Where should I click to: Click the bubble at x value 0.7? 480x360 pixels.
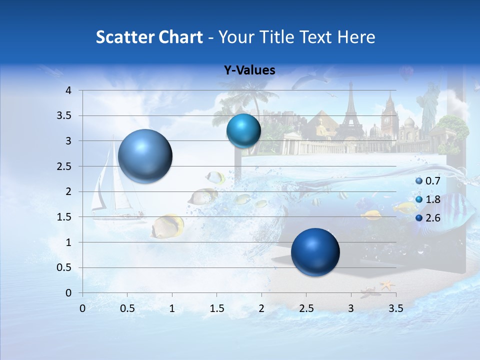(145, 156)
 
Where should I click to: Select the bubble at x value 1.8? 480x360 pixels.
(243, 130)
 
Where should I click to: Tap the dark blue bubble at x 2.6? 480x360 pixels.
(315, 252)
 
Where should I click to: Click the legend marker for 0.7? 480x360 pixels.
(418, 181)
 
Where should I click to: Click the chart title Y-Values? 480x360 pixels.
(249, 70)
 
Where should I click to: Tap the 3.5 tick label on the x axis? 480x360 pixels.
(395, 308)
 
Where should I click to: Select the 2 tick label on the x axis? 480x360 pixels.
(261, 308)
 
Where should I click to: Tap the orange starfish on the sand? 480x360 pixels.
(386, 285)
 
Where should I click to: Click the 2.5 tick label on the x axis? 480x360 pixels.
(306, 308)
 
